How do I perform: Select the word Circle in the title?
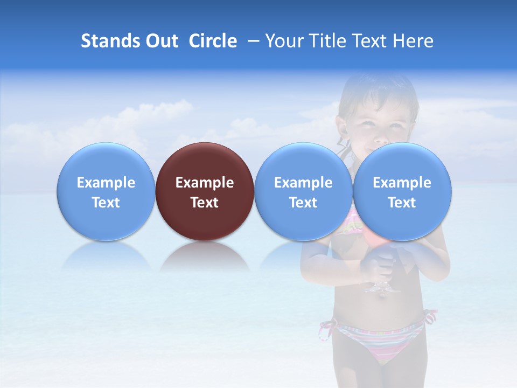[213, 41]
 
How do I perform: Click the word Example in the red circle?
[205, 183]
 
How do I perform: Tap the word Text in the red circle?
[205, 203]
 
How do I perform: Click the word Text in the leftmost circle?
[106, 203]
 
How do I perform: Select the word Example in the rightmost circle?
[402, 183]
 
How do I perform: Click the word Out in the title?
[162, 41]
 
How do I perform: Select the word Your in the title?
[282, 41]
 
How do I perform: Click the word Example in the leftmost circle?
[106, 183]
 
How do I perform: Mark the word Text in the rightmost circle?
[402, 203]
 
